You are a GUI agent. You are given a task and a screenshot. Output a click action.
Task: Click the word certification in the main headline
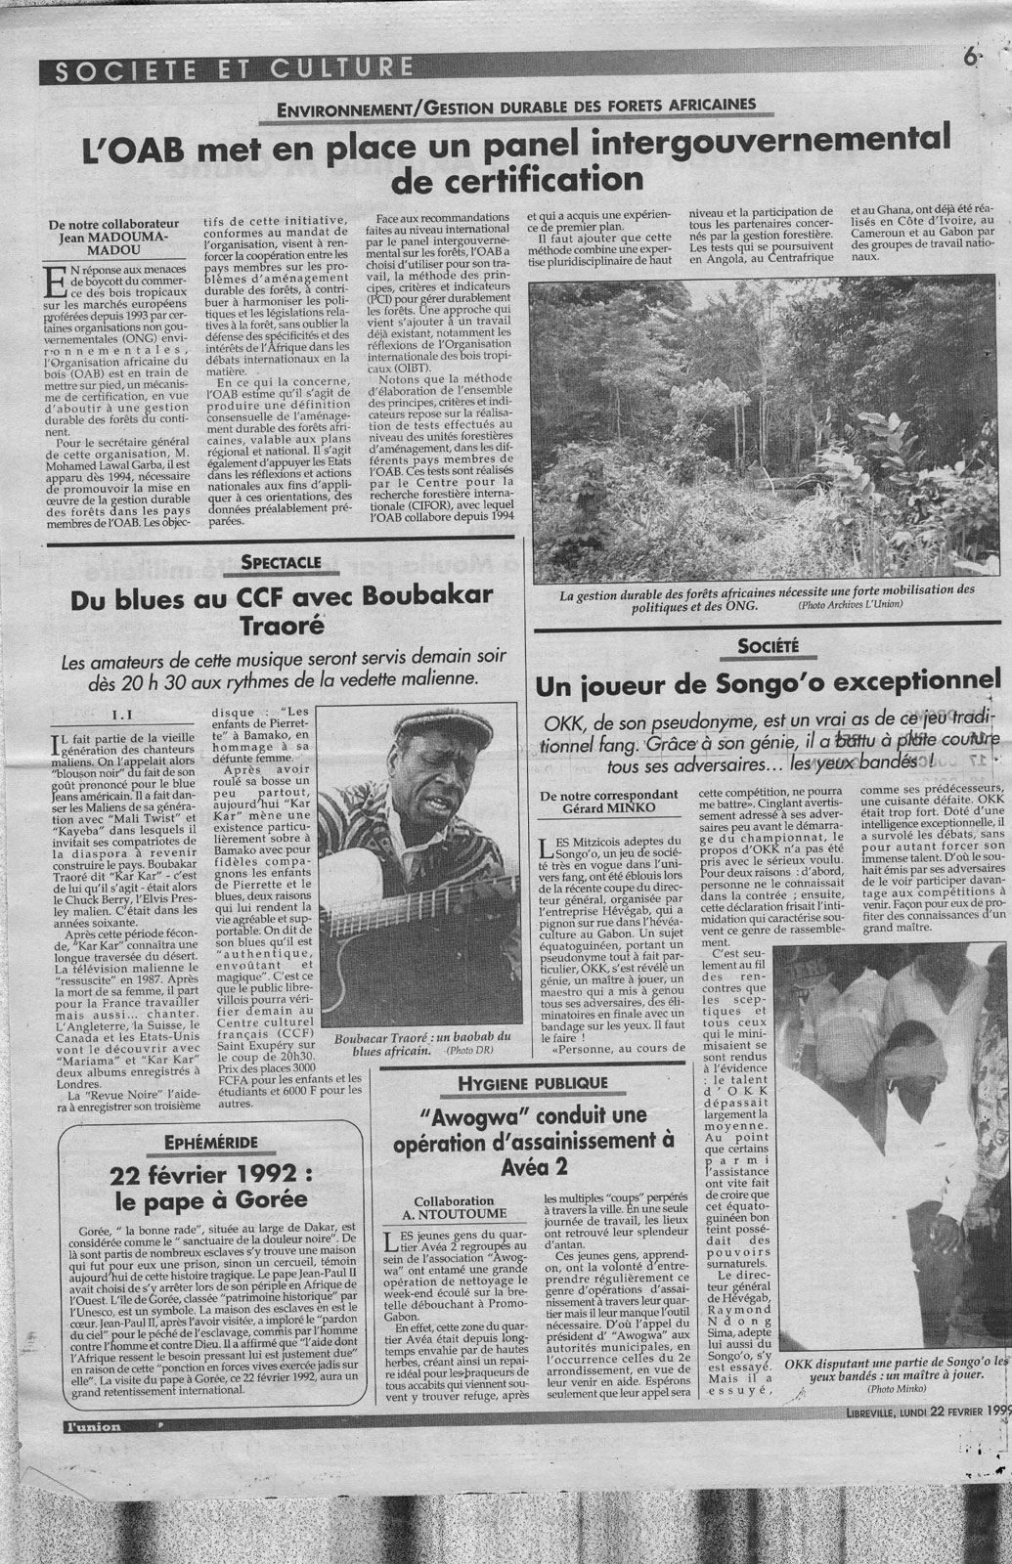517,179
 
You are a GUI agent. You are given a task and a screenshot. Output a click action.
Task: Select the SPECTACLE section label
281,563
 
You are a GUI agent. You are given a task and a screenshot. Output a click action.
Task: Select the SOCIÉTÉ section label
769,644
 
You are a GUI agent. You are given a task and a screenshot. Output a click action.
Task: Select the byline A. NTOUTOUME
454,1213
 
